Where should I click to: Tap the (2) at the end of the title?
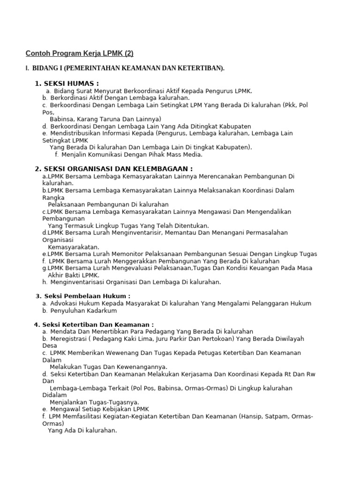click(x=129, y=53)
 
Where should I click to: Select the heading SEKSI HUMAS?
click(x=71, y=83)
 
